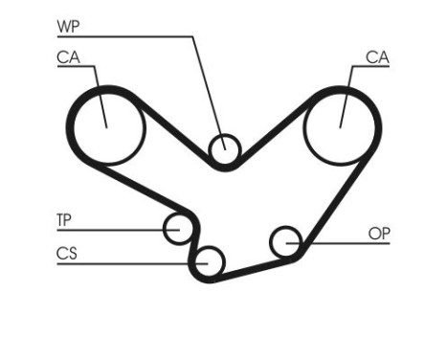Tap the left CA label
point(67,57)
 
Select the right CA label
point(378,57)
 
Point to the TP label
point(64,220)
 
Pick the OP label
point(380,233)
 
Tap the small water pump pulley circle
point(224,148)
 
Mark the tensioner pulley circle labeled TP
point(178,229)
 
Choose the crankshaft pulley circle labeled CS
point(209,259)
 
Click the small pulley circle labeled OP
point(286,242)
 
